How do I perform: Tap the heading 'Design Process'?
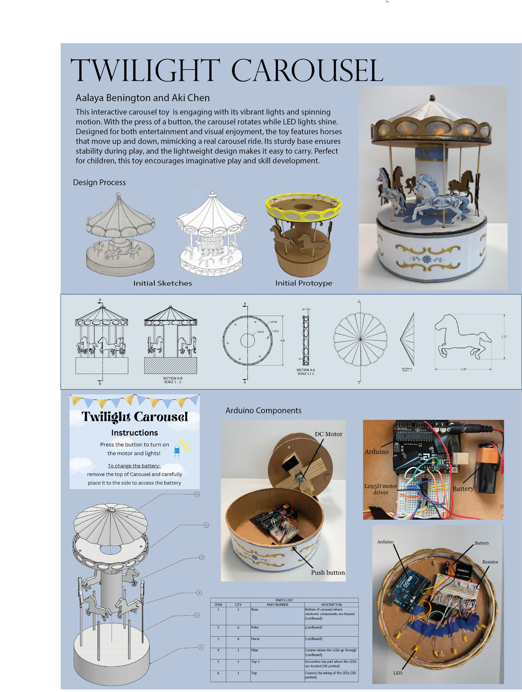tap(99, 182)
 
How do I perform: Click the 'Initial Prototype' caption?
tap(303, 283)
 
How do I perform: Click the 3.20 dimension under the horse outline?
tap(463, 369)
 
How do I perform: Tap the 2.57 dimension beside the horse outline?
tap(504, 337)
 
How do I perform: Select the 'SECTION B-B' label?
tap(172, 378)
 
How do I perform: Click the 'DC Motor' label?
tap(328, 434)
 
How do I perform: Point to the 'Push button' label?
tap(328, 573)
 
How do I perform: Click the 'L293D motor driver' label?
tap(381, 489)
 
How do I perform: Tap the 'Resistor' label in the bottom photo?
tap(490, 562)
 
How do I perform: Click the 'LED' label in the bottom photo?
tap(397, 673)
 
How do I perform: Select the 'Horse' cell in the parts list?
tap(255, 639)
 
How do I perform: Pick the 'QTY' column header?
tap(238, 605)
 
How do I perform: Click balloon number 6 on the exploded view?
tap(197, 494)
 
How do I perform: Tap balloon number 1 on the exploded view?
tap(201, 647)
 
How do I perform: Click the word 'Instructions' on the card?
tap(134, 433)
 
